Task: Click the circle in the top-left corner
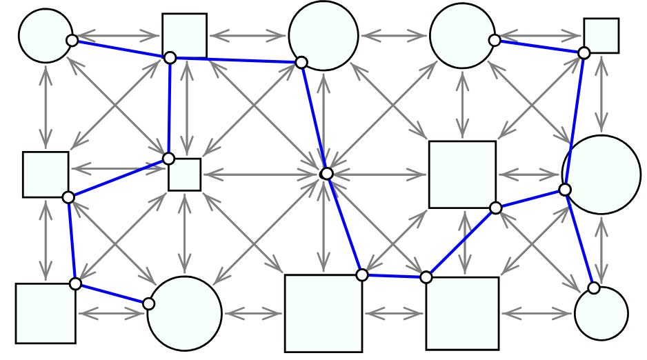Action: (x=46, y=36)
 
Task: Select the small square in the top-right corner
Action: (x=601, y=36)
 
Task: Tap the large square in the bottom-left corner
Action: (x=46, y=313)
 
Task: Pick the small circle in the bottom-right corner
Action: (x=601, y=314)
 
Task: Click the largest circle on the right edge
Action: (x=601, y=174)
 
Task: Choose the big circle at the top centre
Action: (x=323, y=36)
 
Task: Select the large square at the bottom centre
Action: (x=323, y=313)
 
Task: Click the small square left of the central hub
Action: (x=185, y=174)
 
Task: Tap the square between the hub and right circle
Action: (x=462, y=174)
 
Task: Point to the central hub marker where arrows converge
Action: (x=327, y=174)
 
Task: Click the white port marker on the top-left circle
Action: (x=72, y=41)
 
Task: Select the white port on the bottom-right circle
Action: (x=594, y=288)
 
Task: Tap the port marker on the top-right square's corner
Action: (x=584, y=52)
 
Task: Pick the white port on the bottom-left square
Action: (x=76, y=283)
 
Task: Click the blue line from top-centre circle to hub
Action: (x=314, y=117)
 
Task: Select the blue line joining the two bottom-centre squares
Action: (x=394, y=276)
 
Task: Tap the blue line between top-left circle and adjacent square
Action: (x=121, y=49)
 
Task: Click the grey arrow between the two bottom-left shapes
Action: (x=111, y=314)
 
